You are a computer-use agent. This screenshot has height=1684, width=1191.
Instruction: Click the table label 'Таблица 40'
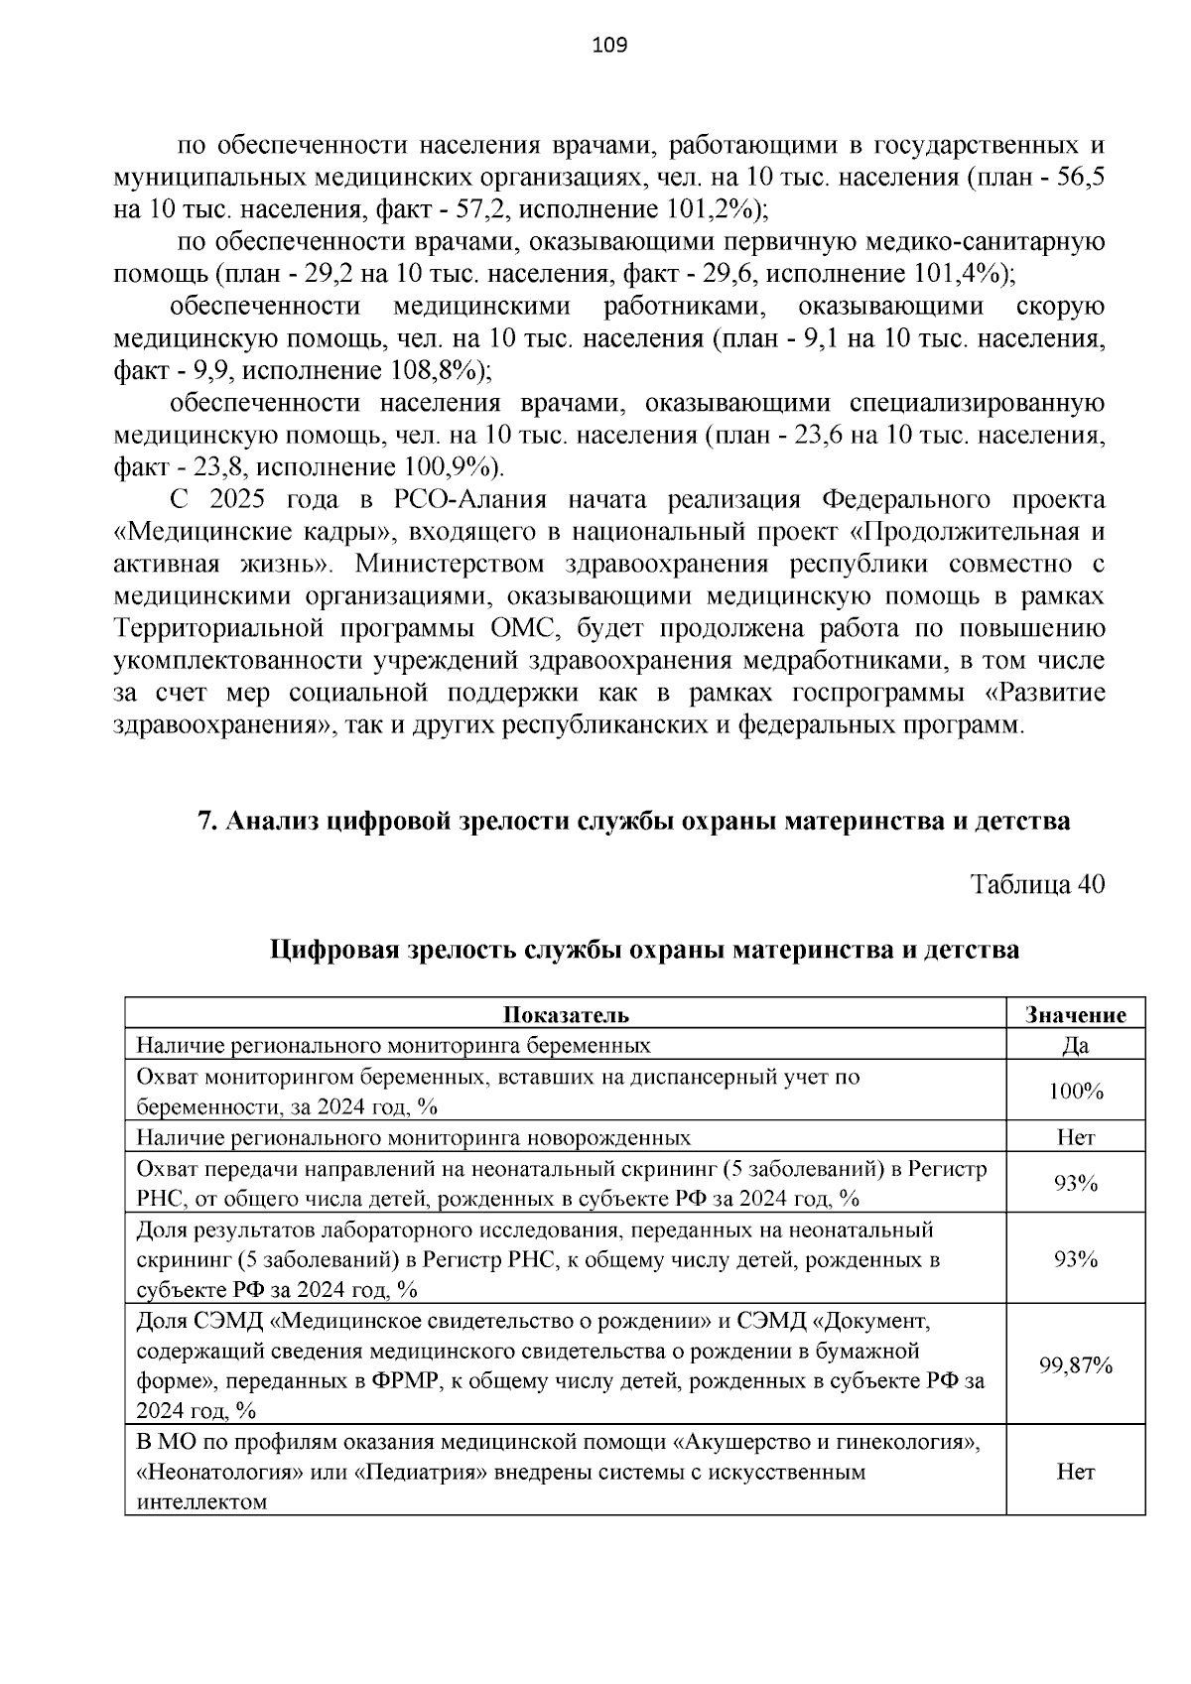pos(1037,884)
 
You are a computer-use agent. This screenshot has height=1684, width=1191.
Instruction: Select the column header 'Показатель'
pos(566,1014)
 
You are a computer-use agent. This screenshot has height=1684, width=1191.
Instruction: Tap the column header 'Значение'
pos(1076,1014)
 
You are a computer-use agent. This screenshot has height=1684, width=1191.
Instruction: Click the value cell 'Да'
pos(1076,1045)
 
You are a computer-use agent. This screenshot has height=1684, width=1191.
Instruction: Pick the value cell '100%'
pos(1076,1092)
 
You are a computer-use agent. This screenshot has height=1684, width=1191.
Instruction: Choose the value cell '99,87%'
pos(1076,1365)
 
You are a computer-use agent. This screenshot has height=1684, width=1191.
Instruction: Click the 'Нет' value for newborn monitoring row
pos(1076,1137)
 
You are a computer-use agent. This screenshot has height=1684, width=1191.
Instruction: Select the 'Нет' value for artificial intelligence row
pos(1076,1472)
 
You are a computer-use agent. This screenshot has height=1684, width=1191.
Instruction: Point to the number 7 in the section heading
pos(204,822)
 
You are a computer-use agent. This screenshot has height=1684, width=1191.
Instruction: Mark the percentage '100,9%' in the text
pos(447,467)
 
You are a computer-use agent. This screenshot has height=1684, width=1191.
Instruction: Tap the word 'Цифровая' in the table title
pos(333,950)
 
